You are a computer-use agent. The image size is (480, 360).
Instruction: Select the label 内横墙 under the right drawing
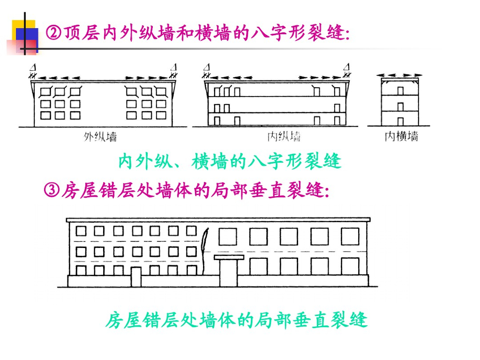point(401,137)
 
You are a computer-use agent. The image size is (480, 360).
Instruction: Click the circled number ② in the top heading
point(53,33)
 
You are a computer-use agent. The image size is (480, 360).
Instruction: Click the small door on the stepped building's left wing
point(136,277)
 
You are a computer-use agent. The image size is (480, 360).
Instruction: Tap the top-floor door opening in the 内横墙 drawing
point(401,90)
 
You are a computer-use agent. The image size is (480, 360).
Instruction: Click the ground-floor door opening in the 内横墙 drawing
point(401,121)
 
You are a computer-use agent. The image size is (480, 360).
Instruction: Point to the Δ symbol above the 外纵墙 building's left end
point(32,67)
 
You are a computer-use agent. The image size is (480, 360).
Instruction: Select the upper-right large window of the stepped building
point(350,236)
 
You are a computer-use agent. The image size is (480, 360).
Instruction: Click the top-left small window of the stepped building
point(81,231)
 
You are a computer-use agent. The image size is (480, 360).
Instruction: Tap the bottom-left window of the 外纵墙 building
point(45,115)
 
